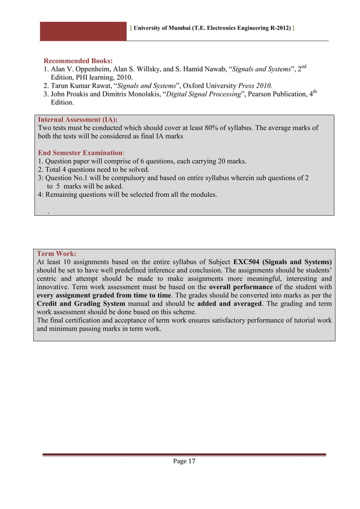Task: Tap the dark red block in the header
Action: point(83,31)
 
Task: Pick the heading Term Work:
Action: point(56,254)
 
